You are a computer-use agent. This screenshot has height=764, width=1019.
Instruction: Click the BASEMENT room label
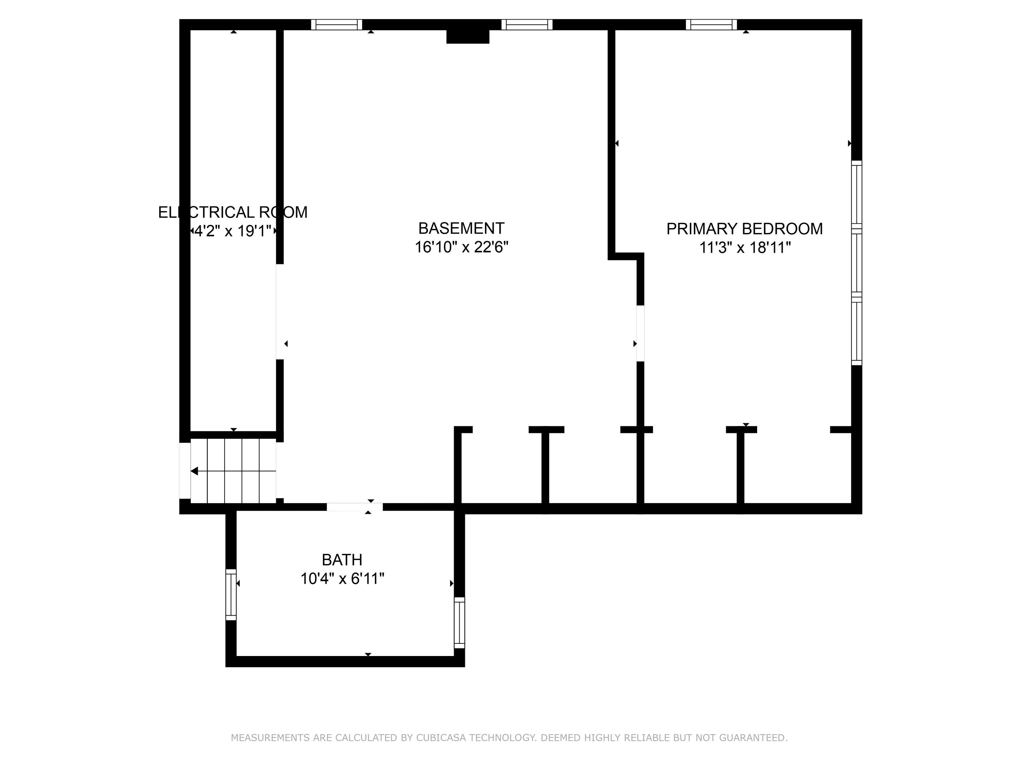click(x=461, y=229)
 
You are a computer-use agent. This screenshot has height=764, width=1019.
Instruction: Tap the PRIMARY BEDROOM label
click(x=745, y=229)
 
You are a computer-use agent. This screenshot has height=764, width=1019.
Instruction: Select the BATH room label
click(x=342, y=560)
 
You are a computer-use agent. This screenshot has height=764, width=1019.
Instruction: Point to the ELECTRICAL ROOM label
click(x=233, y=212)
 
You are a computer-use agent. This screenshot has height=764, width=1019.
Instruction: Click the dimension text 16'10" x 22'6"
click(x=462, y=247)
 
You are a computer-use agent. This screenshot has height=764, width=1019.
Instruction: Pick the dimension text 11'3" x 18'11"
click(x=745, y=248)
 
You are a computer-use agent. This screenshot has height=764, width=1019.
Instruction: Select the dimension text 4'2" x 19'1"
click(x=233, y=231)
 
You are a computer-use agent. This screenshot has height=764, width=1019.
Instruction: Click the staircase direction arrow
click(x=233, y=471)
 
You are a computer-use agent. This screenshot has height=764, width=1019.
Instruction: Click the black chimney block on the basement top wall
click(x=468, y=36)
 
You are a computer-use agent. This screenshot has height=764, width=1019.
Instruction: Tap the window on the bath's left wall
click(x=231, y=595)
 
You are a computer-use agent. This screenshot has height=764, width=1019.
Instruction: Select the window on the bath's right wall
click(x=459, y=623)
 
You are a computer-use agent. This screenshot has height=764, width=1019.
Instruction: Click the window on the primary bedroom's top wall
click(x=711, y=24)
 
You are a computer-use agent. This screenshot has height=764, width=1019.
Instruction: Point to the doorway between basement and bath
click(x=355, y=507)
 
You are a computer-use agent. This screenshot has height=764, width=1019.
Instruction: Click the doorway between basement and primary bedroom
click(x=640, y=333)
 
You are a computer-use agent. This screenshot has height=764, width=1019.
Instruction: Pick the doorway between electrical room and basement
click(x=280, y=312)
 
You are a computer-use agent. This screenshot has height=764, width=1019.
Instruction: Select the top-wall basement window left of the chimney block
click(x=336, y=24)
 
